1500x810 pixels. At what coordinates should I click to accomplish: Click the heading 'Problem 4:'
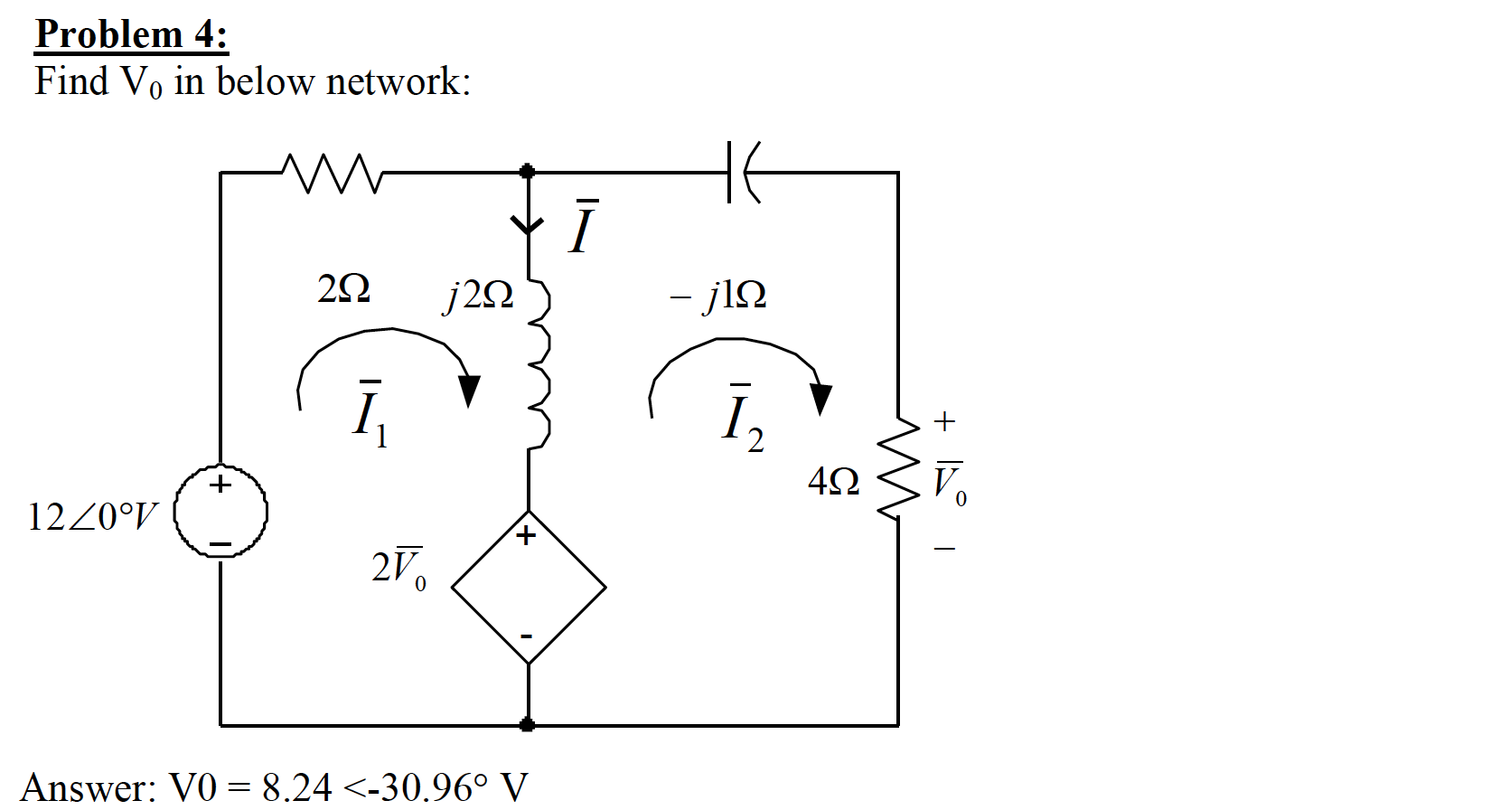pos(131,35)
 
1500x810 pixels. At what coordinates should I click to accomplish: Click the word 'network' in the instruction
pos(392,81)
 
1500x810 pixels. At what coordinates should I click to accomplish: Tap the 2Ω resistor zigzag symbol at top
pos(333,173)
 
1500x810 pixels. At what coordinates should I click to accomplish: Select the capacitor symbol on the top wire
pos(742,172)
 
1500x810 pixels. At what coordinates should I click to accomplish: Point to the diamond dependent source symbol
pos(529,588)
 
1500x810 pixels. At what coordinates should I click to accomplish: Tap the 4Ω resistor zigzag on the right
pos(897,469)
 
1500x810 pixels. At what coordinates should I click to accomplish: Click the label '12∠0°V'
pos(91,517)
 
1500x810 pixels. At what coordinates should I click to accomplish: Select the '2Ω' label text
pos(343,289)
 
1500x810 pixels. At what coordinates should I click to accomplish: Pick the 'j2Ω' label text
pos(479,295)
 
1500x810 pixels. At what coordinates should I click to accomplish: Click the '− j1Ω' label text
pos(718,295)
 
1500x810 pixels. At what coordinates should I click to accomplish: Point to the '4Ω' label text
pos(833,481)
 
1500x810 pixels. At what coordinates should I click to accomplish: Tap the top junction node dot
pos(528,171)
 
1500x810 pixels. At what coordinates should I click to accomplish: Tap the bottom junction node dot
pos(528,725)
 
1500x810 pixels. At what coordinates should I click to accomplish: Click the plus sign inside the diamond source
pos(527,536)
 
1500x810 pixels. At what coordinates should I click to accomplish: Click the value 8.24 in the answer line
pos(297,787)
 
